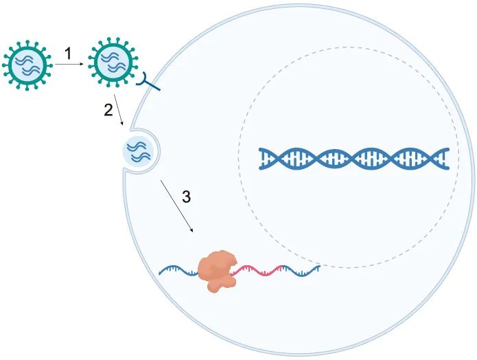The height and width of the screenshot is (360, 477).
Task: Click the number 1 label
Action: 68,52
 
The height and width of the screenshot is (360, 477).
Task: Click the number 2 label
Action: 108,111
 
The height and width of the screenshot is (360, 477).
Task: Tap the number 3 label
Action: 186,197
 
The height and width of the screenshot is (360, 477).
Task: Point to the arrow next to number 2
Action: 119,110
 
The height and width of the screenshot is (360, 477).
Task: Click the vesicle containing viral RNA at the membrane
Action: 139,151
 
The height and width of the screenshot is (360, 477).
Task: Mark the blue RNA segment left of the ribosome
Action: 178,271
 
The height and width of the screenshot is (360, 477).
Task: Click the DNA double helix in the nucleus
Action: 354,159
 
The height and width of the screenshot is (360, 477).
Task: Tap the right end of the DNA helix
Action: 447,159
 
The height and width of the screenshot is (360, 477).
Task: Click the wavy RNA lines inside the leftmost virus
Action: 27,63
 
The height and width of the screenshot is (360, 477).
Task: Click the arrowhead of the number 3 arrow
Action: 191,230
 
